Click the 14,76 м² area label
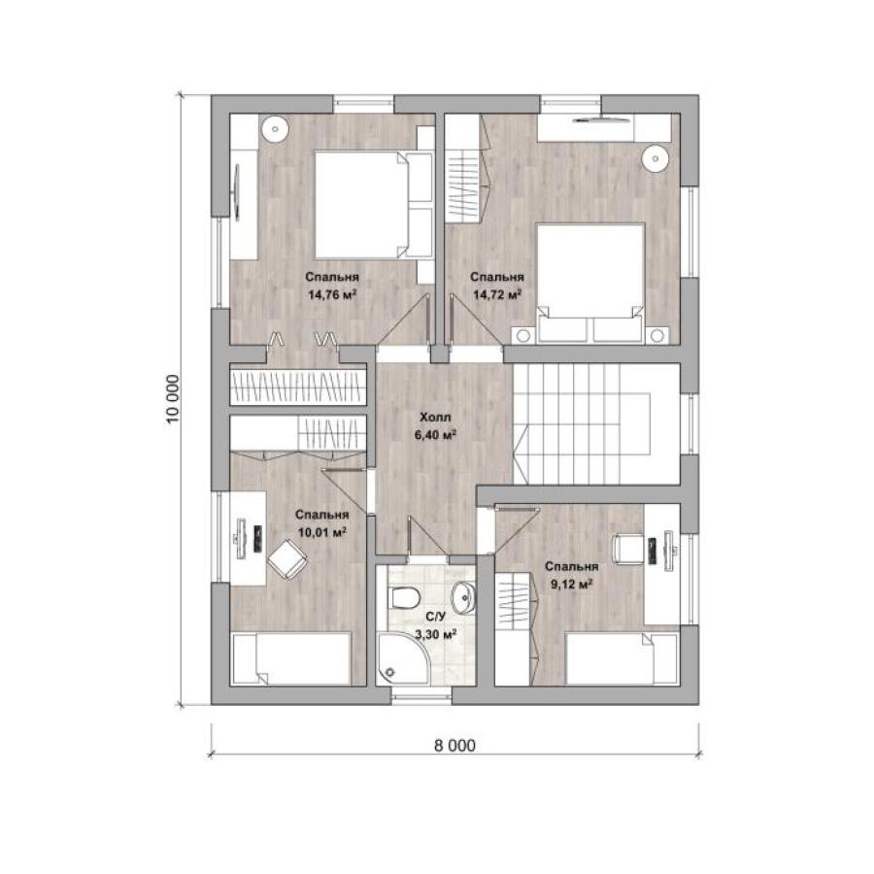point(332,294)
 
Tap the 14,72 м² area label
point(497,294)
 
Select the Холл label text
point(435,417)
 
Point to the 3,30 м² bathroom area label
point(436,634)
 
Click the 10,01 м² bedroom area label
point(322,532)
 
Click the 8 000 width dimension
point(454,746)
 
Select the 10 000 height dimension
point(174,399)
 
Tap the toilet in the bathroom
point(405,598)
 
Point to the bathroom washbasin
point(463,596)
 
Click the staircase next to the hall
point(596,424)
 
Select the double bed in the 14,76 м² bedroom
point(374,205)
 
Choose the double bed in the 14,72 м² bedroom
point(590,282)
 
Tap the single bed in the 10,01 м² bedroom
point(291,657)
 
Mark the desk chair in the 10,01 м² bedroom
point(286,559)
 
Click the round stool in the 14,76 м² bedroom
point(274,130)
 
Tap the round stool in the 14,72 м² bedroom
point(655,159)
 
